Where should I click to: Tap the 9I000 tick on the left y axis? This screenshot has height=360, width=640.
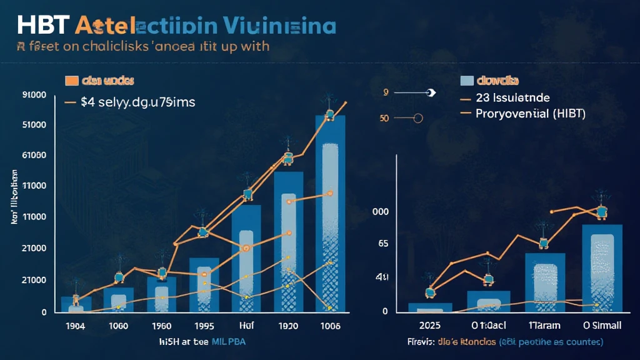point(34,95)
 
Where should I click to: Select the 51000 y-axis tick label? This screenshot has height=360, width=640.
point(34,125)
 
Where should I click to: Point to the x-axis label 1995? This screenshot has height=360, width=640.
point(204,326)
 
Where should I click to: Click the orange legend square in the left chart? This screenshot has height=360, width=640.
point(71,81)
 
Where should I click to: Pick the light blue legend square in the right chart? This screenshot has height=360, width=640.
point(466,81)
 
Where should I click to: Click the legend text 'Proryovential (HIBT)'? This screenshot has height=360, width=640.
point(529,114)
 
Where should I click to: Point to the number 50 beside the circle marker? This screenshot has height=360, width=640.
point(384,117)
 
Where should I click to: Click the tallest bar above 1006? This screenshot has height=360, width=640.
point(330,212)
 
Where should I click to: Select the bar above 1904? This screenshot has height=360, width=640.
point(76,304)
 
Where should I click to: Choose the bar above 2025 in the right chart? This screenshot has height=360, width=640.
point(429,307)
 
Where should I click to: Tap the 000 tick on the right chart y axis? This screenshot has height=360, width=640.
point(380,212)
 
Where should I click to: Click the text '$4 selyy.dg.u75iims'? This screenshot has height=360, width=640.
point(138,102)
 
